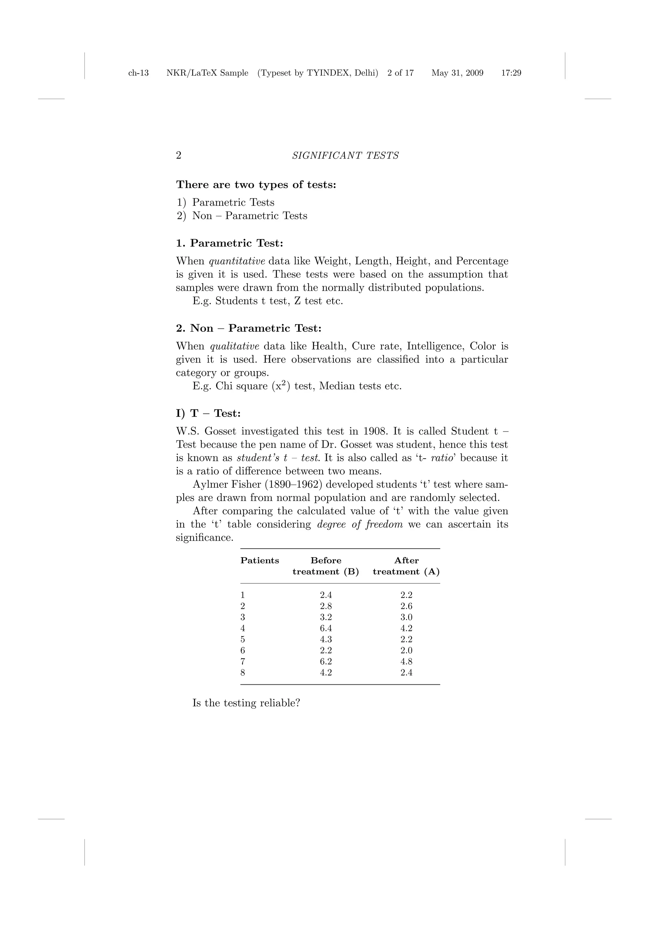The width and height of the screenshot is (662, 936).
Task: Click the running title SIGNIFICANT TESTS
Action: (345, 156)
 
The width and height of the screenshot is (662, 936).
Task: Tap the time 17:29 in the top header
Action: (511, 73)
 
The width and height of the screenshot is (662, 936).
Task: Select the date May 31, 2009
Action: (457, 73)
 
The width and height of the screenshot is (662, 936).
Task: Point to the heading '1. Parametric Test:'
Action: (229, 244)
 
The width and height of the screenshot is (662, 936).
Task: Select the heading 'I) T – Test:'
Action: (208, 414)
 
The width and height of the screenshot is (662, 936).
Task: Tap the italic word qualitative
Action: (235, 347)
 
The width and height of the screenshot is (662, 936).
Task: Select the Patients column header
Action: (260, 561)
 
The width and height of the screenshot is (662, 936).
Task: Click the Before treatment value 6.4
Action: (326, 629)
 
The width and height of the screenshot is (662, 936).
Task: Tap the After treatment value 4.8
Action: (406, 662)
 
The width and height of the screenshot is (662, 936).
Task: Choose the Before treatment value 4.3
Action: (326, 640)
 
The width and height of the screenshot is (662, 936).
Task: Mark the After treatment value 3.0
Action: (406, 618)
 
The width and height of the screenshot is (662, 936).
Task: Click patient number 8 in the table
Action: (243, 673)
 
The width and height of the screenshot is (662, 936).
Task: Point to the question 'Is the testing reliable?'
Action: (246, 703)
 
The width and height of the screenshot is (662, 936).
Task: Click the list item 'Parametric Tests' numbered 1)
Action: (233, 203)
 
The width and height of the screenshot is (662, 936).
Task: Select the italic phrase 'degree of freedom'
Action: (360, 525)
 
